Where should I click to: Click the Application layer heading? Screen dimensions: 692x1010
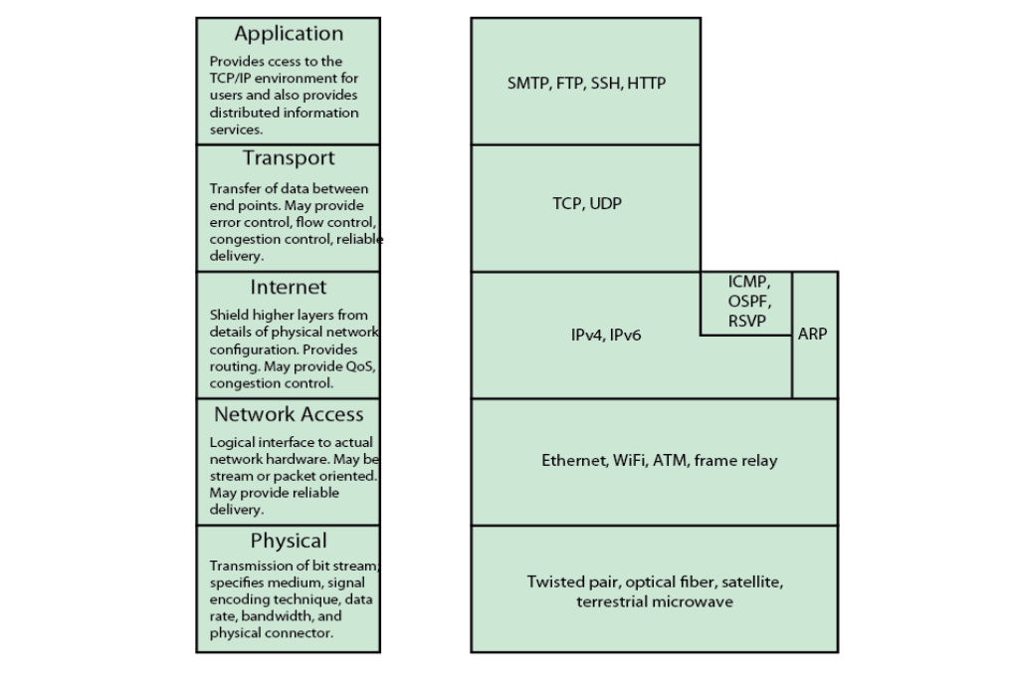289,34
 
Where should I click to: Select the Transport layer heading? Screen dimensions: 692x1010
289,158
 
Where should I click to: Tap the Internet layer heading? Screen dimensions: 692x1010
289,288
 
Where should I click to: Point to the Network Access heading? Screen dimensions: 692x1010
289,414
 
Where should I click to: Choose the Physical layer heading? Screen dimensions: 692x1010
289,542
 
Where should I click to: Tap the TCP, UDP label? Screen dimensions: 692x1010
587,203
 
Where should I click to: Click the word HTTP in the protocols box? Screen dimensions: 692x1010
646,84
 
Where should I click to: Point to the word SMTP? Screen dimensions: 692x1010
528,84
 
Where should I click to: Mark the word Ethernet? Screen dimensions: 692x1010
573,461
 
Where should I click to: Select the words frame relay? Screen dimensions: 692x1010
736,461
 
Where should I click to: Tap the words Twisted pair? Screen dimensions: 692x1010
563,581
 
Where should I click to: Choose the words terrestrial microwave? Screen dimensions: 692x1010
654,602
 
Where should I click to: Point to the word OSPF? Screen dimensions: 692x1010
749,301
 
